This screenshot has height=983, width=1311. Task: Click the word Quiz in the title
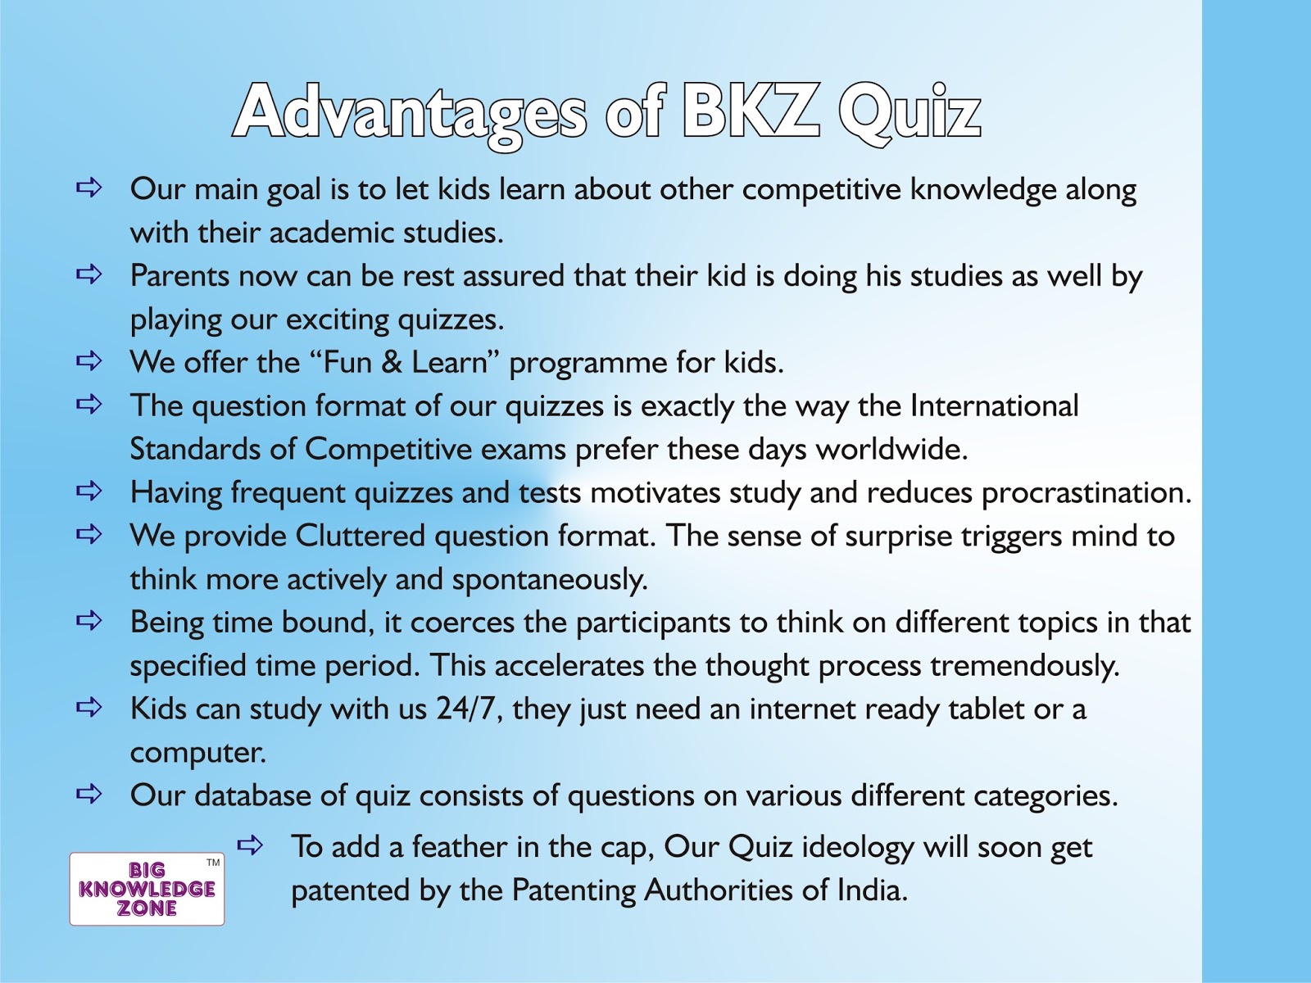click(x=910, y=113)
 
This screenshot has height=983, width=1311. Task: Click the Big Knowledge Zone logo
click(x=147, y=889)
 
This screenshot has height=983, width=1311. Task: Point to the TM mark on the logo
click(x=213, y=863)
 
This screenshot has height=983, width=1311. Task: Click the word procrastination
click(x=1086, y=493)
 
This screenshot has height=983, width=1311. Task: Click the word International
click(x=994, y=406)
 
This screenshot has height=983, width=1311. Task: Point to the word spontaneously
click(x=549, y=580)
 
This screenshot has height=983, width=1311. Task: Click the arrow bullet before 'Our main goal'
click(x=88, y=188)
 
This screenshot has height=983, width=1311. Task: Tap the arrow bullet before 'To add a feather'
click(x=250, y=845)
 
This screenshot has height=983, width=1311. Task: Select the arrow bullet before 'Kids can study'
click(x=88, y=707)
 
